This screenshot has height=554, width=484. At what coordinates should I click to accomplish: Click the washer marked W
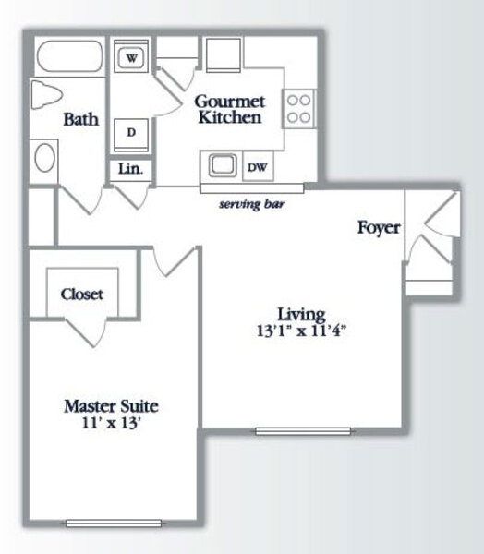(x=131, y=56)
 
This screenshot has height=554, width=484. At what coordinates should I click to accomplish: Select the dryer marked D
(x=131, y=136)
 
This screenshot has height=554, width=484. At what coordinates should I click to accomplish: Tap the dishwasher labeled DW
(x=258, y=166)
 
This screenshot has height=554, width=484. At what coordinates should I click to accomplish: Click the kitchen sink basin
(x=223, y=165)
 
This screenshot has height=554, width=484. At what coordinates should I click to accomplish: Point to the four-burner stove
(x=298, y=109)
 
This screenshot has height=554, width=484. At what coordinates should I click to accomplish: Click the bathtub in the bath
(x=70, y=56)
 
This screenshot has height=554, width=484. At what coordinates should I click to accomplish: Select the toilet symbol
(x=47, y=94)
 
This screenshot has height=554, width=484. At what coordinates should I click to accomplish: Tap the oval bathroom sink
(x=45, y=158)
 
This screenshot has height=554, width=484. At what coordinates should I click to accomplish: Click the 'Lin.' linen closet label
(x=130, y=169)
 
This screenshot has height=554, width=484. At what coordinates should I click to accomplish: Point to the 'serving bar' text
(x=252, y=204)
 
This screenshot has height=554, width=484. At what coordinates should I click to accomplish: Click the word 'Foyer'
(x=379, y=227)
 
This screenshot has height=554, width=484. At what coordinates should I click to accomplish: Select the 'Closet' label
(x=81, y=294)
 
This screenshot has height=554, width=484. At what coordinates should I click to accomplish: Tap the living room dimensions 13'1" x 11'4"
(x=301, y=331)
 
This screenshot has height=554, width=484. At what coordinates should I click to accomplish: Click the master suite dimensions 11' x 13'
(x=112, y=423)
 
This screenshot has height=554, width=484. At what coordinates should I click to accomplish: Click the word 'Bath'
(x=81, y=119)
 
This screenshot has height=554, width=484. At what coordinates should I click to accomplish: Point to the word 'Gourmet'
(x=229, y=102)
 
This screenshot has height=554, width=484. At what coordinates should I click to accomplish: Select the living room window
(x=303, y=431)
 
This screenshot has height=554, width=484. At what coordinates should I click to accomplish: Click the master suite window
(x=114, y=524)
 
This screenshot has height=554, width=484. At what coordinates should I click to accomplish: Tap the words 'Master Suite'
(x=111, y=406)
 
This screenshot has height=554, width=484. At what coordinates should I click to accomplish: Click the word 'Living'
(x=301, y=315)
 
